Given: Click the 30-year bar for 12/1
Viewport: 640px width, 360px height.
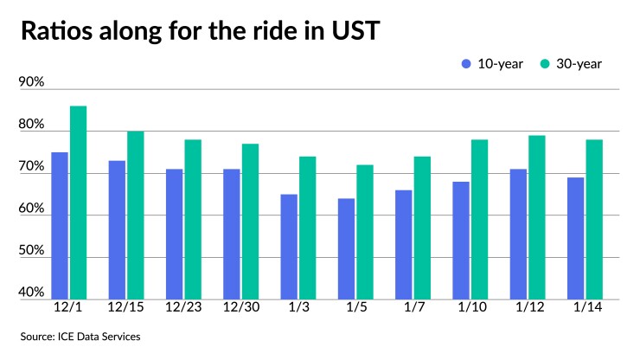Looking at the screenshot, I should (x=78, y=202).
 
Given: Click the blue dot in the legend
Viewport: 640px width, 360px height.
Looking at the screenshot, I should (x=467, y=63).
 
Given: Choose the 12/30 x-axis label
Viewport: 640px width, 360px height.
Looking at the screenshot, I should (x=240, y=308).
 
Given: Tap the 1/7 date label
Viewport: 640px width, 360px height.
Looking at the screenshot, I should (x=413, y=308).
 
